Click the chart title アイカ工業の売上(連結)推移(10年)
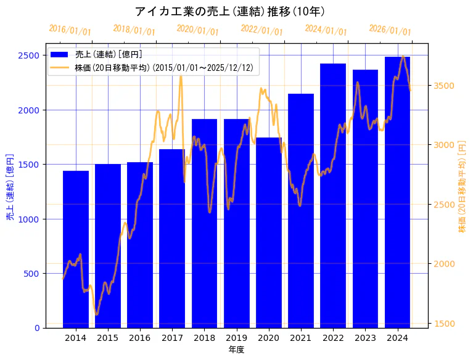click(229, 11)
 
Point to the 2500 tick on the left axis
click(31, 55)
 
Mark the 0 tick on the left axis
click(37, 328)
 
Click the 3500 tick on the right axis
click(444, 85)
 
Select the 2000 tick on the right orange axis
click(444, 264)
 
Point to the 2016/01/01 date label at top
click(70, 30)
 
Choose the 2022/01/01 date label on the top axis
click(261, 30)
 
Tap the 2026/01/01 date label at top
click(390, 30)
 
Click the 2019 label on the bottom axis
click(236, 338)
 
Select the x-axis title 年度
click(236, 350)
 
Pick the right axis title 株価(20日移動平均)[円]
click(463, 186)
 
